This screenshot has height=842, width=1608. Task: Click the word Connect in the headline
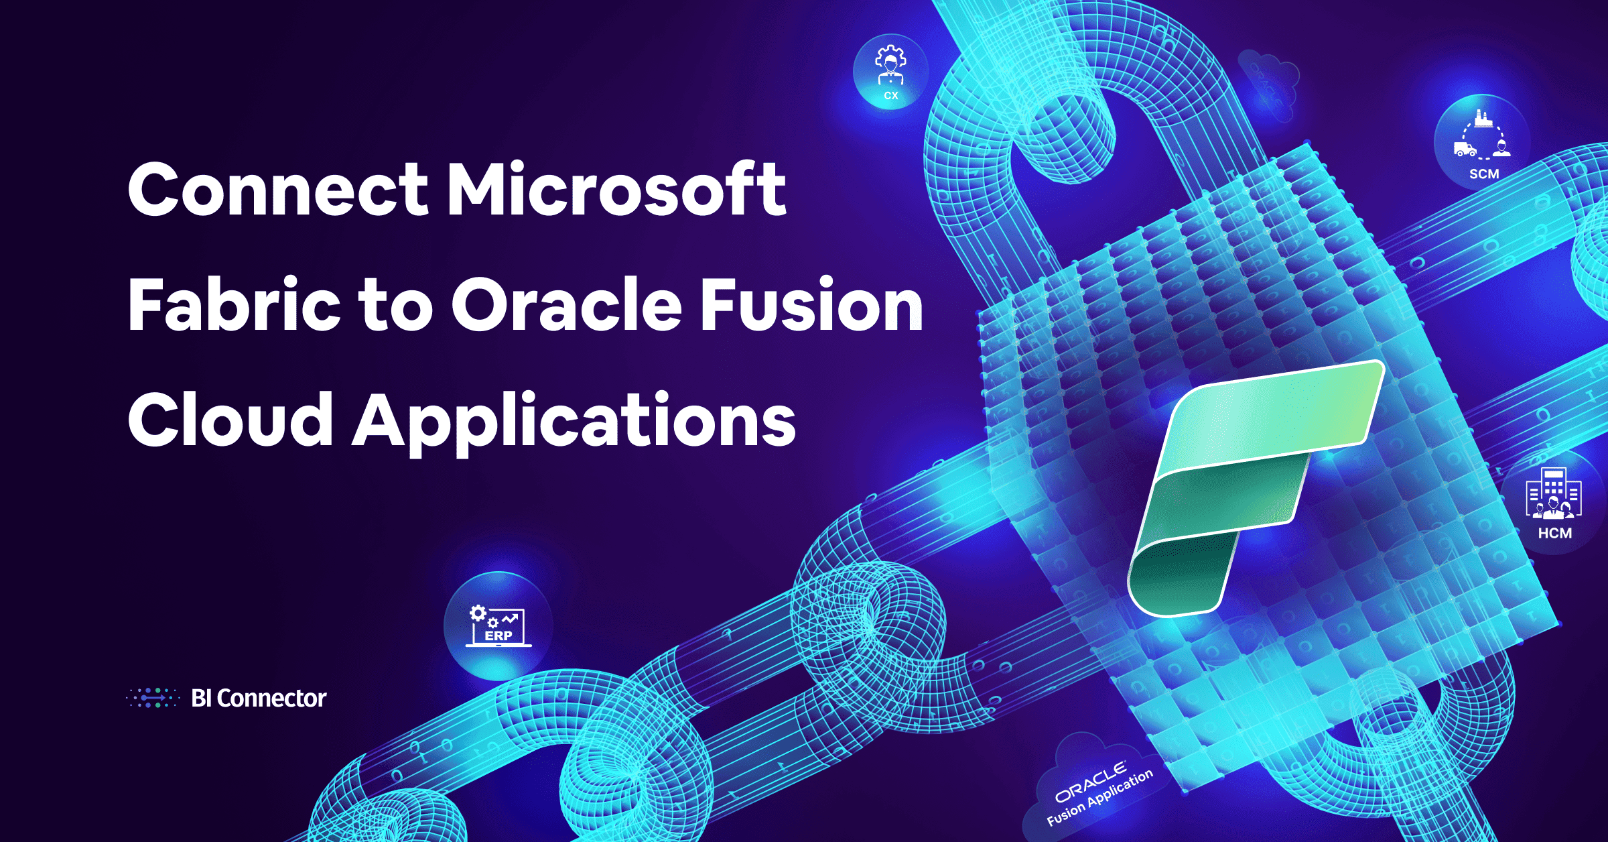tap(278, 190)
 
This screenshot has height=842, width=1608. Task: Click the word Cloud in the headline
tap(230, 420)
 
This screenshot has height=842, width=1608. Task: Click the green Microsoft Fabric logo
tap(1256, 488)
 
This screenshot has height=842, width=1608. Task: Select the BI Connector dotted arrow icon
tap(153, 698)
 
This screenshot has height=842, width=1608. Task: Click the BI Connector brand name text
tap(259, 699)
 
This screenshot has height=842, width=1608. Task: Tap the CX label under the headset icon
tap(891, 96)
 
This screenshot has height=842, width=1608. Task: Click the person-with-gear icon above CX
tap(890, 65)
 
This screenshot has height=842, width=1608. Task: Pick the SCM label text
tap(1484, 174)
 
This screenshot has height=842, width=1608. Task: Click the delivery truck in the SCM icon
tap(1465, 149)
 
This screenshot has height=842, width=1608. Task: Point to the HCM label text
tap(1555, 534)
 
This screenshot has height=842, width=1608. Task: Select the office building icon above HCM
tap(1554, 493)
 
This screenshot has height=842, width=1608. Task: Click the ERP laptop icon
tap(498, 626)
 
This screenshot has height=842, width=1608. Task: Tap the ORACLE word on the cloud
tap(1091, 782)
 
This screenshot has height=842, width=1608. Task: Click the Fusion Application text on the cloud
tap(1100, 797)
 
